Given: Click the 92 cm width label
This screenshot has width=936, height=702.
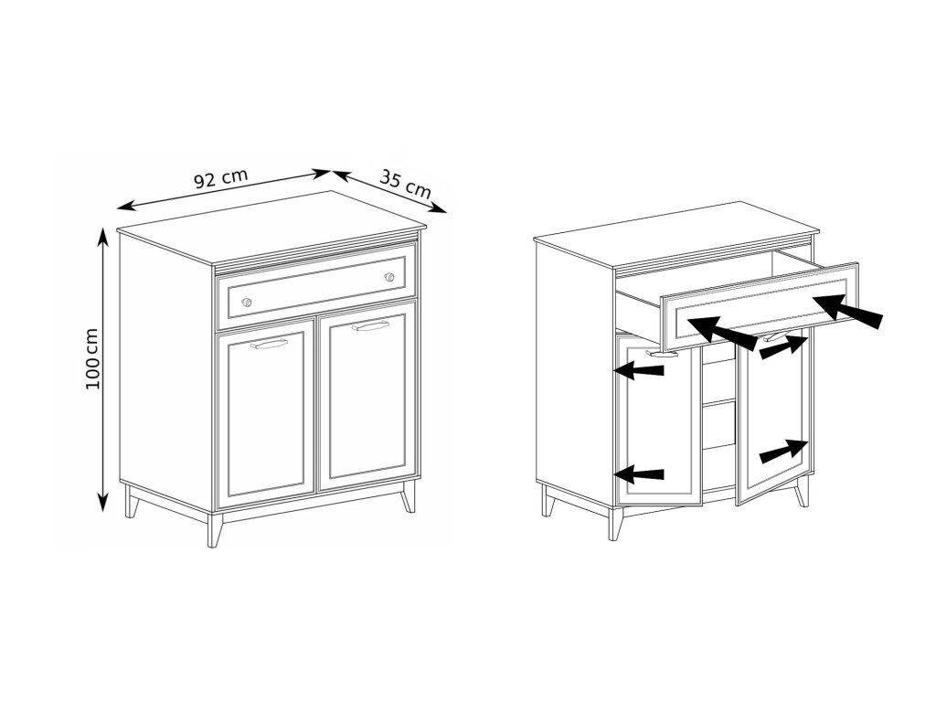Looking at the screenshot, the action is (x=221, y=178).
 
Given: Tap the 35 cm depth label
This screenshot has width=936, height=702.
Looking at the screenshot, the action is (x=405, y=184).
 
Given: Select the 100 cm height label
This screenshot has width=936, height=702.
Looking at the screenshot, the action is (x=92, y=358).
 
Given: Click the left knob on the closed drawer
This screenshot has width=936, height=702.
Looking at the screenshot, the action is (x=247, y=302).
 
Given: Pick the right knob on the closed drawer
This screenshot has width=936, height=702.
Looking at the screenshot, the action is (x=389, y=277).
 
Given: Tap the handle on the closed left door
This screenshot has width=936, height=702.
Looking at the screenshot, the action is (x=269, y=345).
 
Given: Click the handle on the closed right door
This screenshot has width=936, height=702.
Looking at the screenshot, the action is (x=370, y=326).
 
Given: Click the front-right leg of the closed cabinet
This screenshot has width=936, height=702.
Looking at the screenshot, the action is (x=408, y=495).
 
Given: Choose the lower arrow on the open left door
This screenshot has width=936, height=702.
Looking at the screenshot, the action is (x=639, y=474).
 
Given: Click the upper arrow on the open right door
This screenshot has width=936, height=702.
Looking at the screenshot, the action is (x=784, y=347).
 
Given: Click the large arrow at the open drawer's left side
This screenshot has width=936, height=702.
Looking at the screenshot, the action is (x=723, y=333).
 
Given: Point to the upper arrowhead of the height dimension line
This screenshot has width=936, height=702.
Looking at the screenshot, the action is (x=104, y=237).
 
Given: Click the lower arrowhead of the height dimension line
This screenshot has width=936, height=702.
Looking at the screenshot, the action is (x=104, y=502).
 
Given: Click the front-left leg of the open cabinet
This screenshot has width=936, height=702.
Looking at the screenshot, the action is (x=615, y=524).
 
